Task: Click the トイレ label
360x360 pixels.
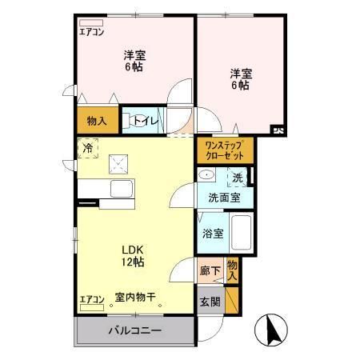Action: coord(146,121)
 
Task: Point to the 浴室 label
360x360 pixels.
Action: coord(213,234)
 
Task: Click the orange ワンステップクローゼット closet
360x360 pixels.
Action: coord(224,150)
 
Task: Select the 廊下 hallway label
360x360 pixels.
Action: coord(210,271)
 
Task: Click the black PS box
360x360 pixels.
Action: coord(277,128)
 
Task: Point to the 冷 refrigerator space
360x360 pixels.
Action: coord(88,148)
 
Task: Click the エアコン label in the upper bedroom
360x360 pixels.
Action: coord(92,33)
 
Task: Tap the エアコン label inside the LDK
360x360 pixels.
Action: coord(92,300)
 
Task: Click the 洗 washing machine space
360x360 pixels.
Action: coord(238,178)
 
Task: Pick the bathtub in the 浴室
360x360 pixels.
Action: coord(244,234)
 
